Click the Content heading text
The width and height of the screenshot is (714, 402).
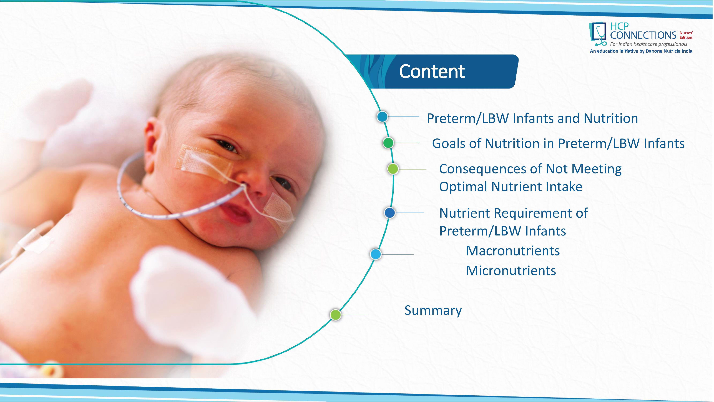(x=432, y=72)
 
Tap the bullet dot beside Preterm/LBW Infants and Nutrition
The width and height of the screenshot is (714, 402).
(x=382, y=117)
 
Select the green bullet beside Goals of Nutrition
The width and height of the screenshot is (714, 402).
(x=388, y=143)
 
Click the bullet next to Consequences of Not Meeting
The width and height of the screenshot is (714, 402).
(x=393, y=169)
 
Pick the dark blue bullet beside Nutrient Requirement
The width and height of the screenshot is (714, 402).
(x=389, y=213)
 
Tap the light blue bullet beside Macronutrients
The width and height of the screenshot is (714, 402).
(x=376, y=254)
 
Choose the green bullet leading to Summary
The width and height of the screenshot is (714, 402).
(x=335, y=315)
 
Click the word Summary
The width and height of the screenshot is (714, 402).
(x=433, y=311)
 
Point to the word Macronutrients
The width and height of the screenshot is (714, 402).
(x=513, y=251)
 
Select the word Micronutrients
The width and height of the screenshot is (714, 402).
(x=511, y=271)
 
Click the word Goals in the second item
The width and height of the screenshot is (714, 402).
(x=448, y=143)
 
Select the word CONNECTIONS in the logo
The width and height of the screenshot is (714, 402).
(x=643, y=35)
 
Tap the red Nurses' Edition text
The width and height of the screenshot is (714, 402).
(x=686, y=35)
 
